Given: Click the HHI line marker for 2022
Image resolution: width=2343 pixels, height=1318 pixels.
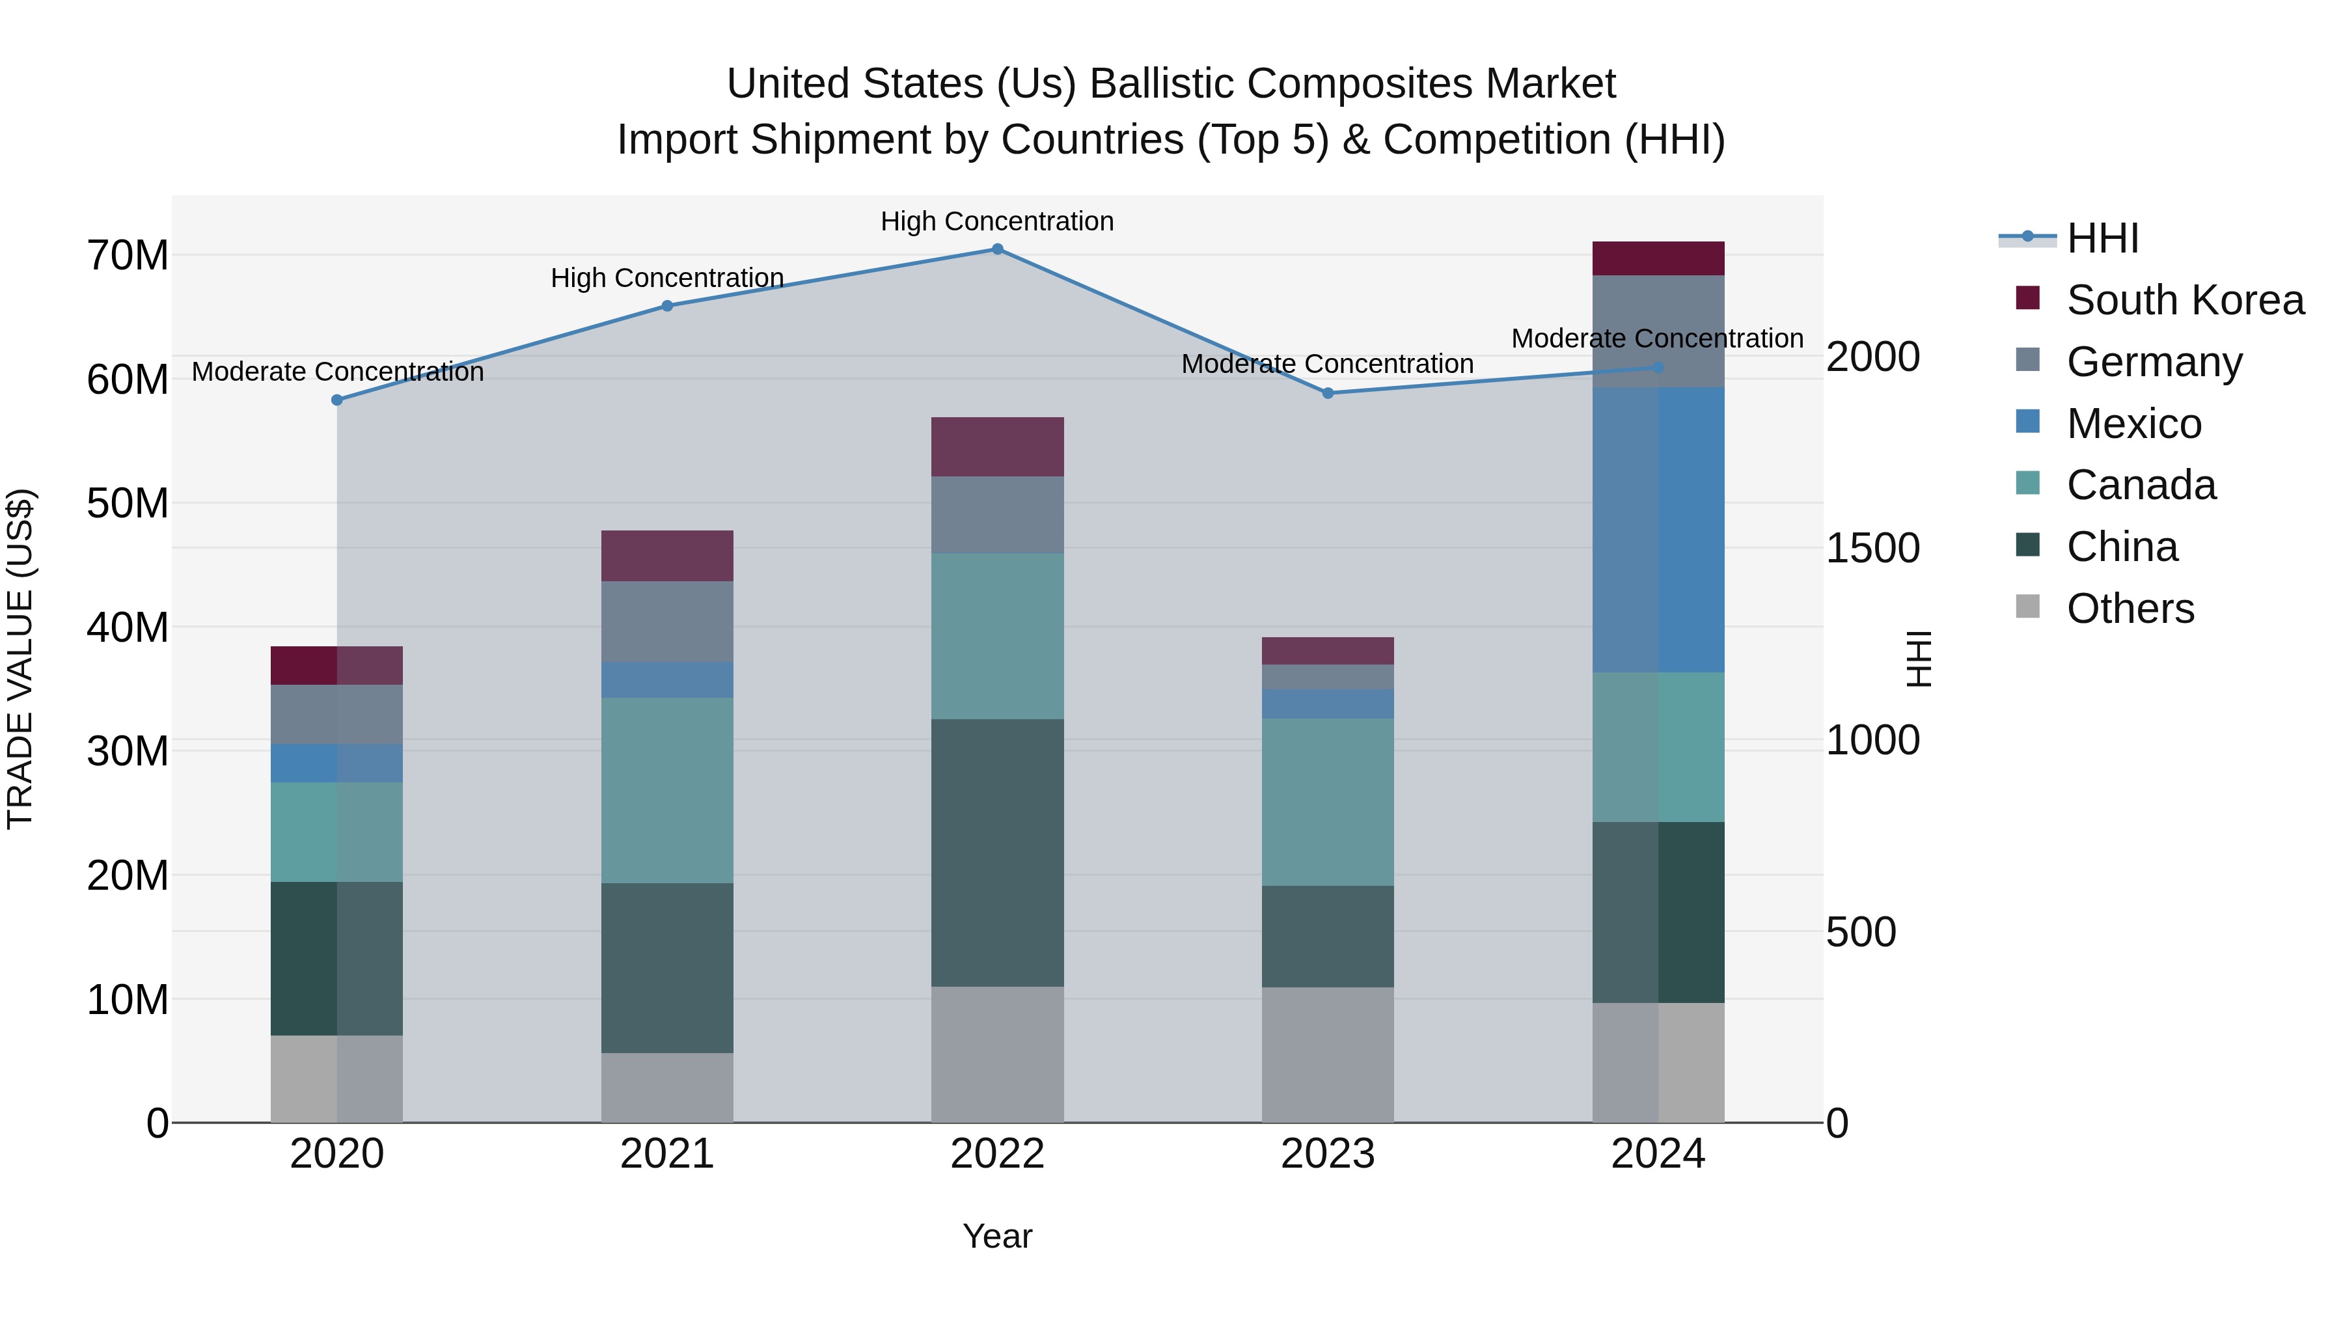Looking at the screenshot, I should [x=997, y=249].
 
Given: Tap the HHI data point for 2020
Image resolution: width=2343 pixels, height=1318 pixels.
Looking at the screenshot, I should [x=336, y=400].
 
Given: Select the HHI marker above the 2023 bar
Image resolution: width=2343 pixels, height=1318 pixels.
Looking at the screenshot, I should [x=1327, y=393].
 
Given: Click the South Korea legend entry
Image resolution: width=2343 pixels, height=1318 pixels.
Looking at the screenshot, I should [x=2185, y=300].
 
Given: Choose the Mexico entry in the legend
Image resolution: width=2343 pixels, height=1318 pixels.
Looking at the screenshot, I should [x=2134, y=424].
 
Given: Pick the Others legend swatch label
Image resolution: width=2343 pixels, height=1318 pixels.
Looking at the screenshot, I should [x=2130, y=609].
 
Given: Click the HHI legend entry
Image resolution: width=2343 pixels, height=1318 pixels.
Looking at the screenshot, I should [x=2102, y=238].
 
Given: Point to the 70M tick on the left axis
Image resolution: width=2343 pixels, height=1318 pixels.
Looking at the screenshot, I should [x=128, y=256].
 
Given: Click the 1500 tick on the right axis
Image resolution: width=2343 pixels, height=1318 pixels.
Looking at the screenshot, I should [x=1872, y=549].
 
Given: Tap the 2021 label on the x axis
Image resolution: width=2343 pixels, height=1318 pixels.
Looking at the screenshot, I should [x=666, y=1154].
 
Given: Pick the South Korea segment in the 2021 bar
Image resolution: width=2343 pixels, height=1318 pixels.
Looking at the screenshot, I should [x=666, y=556].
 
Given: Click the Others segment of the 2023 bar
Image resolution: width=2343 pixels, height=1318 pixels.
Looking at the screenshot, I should [x=1327, y=1054].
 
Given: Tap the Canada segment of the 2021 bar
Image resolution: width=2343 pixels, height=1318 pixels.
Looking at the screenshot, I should [x=666, y=789].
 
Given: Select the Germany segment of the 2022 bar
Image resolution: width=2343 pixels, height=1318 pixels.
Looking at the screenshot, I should [x=997, y=515].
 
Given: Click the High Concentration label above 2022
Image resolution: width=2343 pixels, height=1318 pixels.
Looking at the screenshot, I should [x=997, y=221].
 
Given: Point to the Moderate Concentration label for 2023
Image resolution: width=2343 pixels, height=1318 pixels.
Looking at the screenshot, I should [x=1327, y=364].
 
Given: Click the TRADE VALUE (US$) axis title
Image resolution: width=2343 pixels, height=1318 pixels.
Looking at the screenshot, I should [x=20, y=659].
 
